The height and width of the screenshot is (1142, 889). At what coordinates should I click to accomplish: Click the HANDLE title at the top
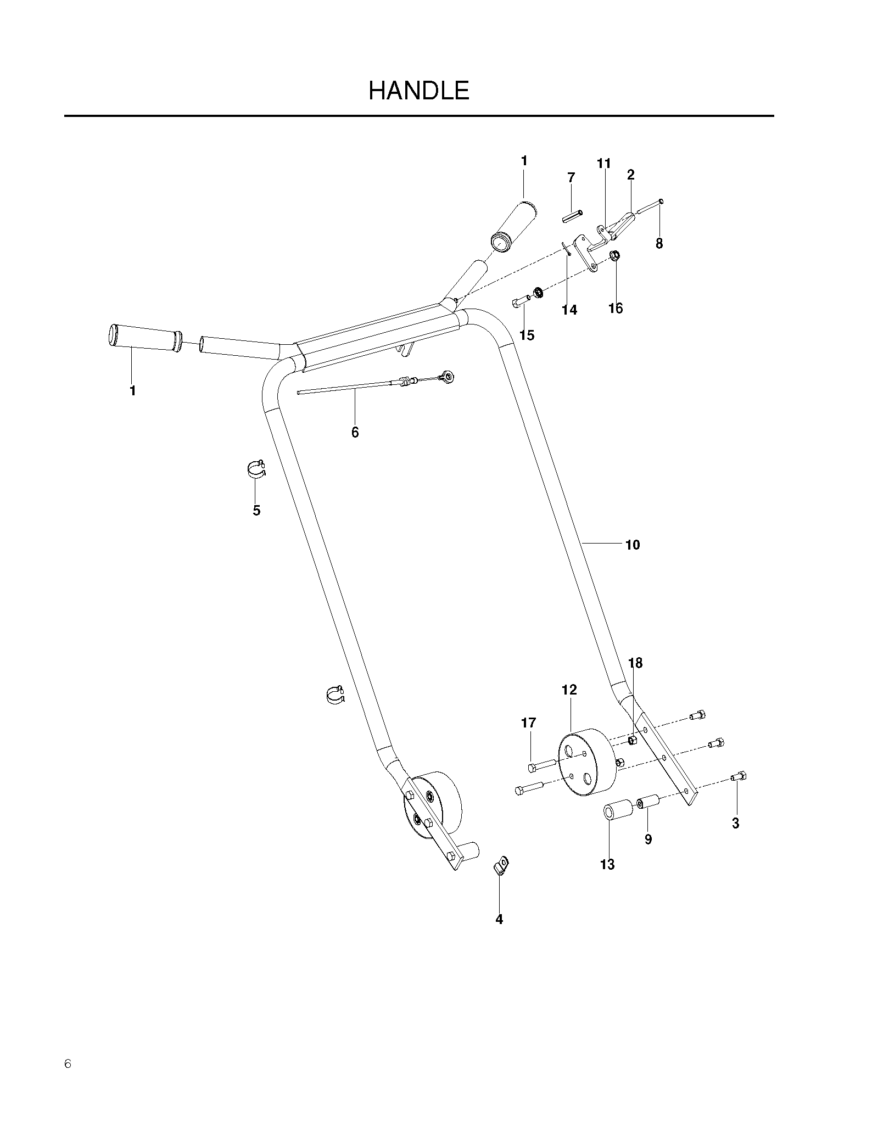coord(419,91)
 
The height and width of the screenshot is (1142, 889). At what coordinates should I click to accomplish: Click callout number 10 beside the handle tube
coord(633,545)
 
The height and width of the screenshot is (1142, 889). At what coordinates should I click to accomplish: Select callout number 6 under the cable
coord(355,433)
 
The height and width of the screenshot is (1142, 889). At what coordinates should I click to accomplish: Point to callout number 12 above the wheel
coord(569,690)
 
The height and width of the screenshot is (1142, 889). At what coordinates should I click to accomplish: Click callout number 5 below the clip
coord(256,511)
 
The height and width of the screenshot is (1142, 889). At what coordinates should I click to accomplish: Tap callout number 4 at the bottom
coord(499,919)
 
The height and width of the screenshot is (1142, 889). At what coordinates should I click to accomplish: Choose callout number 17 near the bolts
coord(528,723)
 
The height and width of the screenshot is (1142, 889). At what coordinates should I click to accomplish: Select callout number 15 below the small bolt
coord(527,335)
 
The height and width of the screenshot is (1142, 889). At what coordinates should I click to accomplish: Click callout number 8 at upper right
coord(659,243)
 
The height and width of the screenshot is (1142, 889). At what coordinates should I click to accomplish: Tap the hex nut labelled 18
coord(632,741)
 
